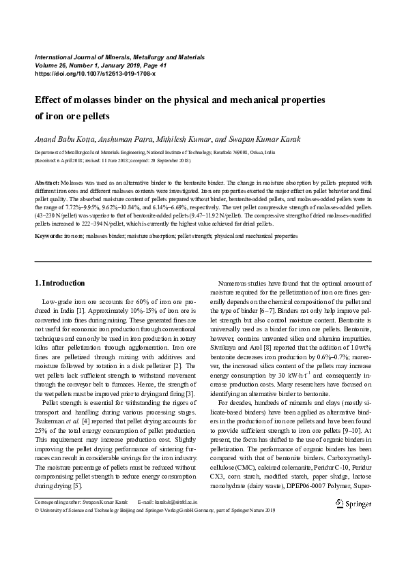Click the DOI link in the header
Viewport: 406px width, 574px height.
(x=95, y=73)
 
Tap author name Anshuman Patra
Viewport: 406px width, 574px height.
(x=121, y=139)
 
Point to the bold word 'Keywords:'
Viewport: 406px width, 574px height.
(x=48, y=235)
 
